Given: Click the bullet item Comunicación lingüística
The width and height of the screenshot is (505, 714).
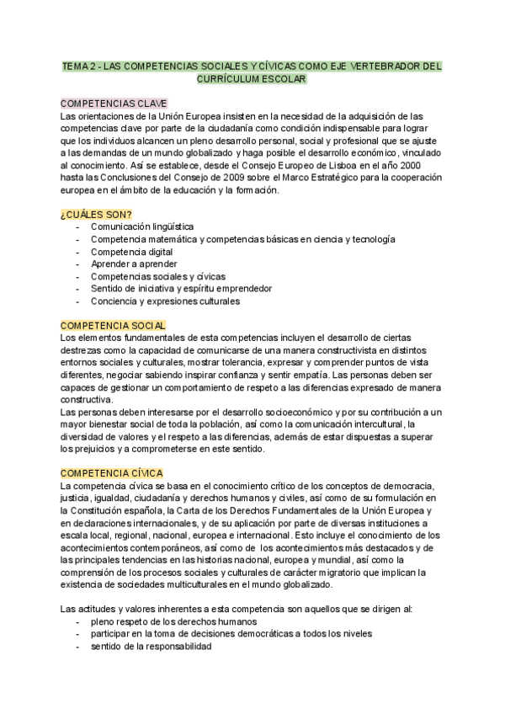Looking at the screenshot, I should point(142,227).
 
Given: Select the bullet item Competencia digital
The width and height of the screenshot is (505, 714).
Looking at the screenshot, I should point(132,252).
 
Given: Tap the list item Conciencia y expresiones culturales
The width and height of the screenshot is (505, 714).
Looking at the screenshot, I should point(165,301).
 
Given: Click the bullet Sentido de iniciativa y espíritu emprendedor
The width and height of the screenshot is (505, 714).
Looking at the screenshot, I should point(181,289).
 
